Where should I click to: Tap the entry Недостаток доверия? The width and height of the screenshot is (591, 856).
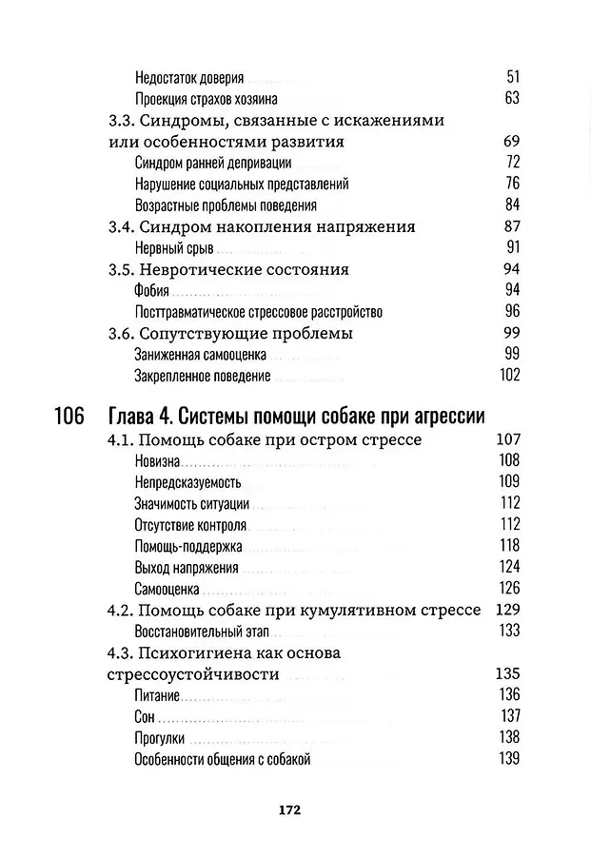[x=190, y=78]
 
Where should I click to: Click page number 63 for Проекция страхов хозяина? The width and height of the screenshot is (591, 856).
[x=512, y=99]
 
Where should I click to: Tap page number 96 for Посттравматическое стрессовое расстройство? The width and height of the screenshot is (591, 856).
[x=512, y=311]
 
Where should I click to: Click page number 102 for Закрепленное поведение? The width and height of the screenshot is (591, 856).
[x=508, y=375]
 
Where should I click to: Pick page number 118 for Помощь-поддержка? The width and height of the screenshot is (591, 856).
[x=508, y=545]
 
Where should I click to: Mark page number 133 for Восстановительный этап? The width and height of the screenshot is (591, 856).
[x=508, y=630]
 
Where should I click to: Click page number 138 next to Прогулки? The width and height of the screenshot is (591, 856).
[x=508, y=737]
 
